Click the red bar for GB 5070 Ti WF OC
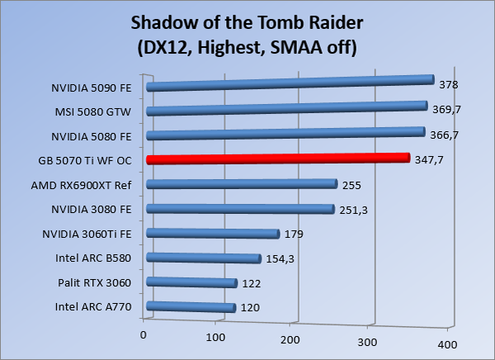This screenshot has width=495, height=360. pos(277,159)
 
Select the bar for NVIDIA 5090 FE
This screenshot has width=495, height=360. pos(289,83)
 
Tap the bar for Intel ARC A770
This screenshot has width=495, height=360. pos(190,307)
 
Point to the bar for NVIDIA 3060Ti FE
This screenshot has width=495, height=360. pos(212,234)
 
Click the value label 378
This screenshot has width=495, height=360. pos(449,84)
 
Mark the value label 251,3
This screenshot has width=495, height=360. pos(353,211)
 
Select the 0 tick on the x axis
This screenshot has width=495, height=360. pos(144,334)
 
